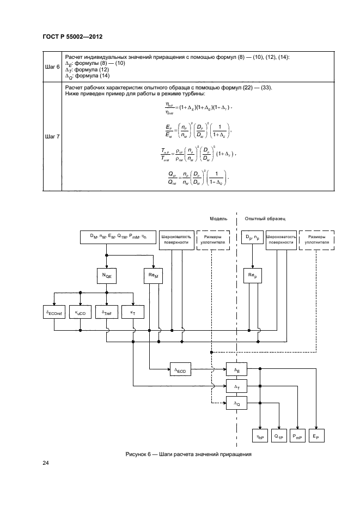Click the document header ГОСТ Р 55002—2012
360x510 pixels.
pyautogui.click(x=72, y=36)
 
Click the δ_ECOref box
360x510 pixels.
pyautogui.click(x=53, y=313)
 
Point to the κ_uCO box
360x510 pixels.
pyautogui.click(x=80, y=313)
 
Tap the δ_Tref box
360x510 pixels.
pyautogui.click(x=106, y=313)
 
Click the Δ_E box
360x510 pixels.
pyautogui.click(x=237, y=368)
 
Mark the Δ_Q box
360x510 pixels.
pyautogui.click(x=237, y=404)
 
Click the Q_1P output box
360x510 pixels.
pyautogui.click(x=279, y=436)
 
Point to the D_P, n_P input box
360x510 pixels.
pyautogui.click(x=252, y=238)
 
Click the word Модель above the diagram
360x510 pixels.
pyautogui.click(x=219, y=218)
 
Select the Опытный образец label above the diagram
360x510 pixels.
pyautogui.click(x=265, y=218)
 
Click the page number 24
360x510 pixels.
pyautogui.click(x=46, y=463)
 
